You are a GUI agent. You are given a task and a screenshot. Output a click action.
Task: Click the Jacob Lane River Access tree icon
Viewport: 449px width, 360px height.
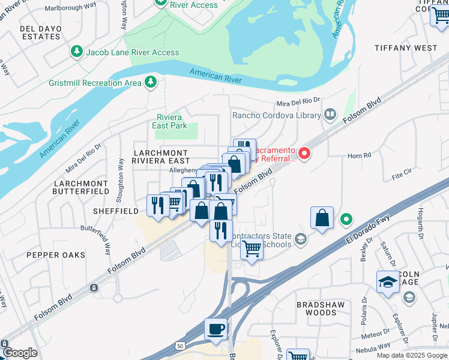[77, 52]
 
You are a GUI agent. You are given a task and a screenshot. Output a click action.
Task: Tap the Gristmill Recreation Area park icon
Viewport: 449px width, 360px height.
[151, 82]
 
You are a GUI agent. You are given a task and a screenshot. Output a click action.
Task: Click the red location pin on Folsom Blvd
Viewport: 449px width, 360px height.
[304, 154]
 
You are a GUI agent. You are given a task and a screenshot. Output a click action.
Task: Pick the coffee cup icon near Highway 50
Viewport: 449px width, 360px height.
[216, 329]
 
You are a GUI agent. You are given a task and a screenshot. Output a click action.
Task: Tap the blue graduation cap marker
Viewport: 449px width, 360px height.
[388, 282]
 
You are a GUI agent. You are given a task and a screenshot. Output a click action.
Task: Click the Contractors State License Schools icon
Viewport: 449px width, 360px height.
[301, 239]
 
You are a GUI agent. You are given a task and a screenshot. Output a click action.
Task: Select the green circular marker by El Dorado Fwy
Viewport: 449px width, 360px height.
[346, 219]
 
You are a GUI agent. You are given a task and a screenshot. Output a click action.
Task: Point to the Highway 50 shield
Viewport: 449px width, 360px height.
[180, 347]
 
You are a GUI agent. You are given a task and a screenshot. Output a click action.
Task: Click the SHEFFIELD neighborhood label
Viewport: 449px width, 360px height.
[116, 211]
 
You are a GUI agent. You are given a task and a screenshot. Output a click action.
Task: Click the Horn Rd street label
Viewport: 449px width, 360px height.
[359, 155]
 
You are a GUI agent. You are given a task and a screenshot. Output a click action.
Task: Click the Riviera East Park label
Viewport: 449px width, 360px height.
[170, 121]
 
